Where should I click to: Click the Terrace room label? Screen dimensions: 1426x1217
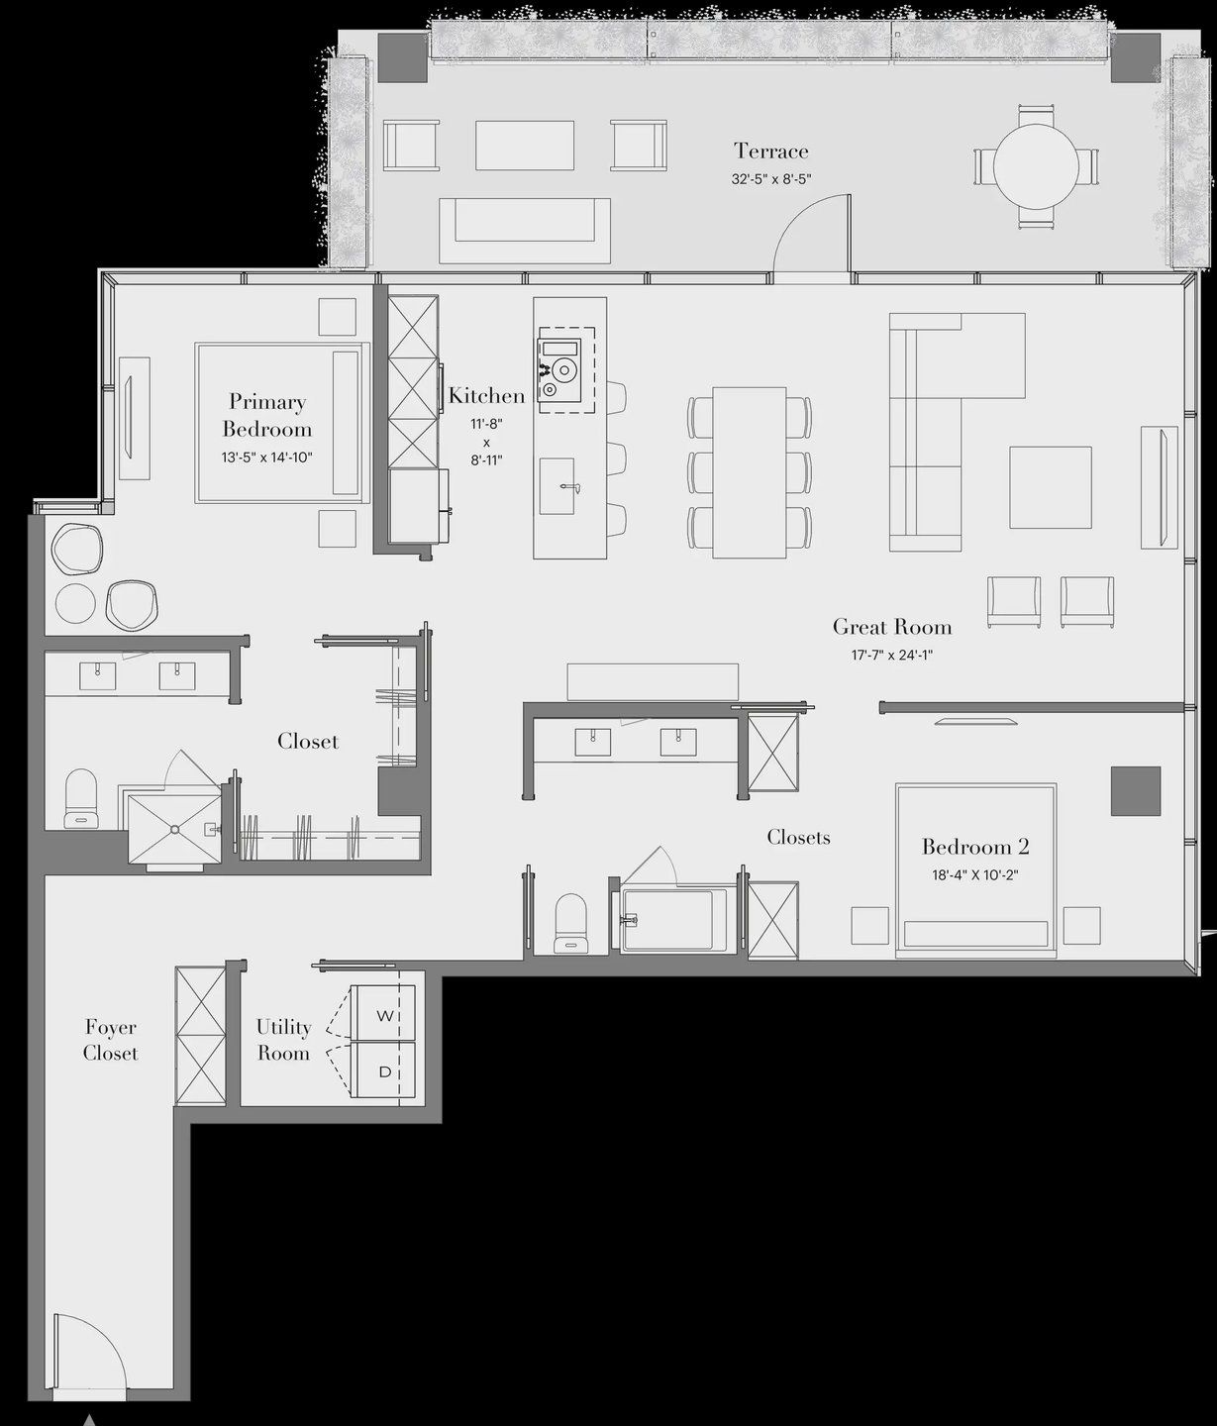coord(770,152)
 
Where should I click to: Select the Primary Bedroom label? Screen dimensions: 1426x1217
coord(266,415)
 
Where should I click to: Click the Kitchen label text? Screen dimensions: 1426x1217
coord(486,396)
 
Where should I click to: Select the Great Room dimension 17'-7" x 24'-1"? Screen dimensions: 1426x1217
coord(891,655)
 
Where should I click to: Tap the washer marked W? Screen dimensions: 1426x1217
coord(382,1015)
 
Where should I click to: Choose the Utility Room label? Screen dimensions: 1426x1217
coord(283,1040)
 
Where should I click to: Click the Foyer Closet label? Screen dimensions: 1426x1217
coord(110,1040)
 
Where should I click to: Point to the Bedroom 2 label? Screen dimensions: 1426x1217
coord(975,847)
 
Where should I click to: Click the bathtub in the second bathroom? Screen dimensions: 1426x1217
coord(673,920)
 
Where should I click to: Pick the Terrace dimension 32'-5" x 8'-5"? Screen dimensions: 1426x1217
coord(771,179)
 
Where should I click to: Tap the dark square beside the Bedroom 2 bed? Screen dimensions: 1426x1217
coord(1135,790)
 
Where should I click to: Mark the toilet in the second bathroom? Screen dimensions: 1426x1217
coord(570,923)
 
